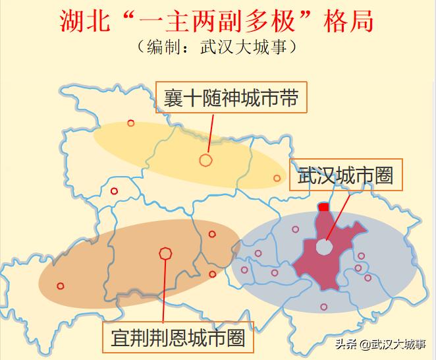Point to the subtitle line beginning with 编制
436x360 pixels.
tap(218, 47)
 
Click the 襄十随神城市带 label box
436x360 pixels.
tap(231, 98)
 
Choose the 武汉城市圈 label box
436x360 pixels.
tap(346, 175)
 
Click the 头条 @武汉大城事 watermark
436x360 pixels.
tap(381, 345)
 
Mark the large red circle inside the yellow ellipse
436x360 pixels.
tap(205, 160)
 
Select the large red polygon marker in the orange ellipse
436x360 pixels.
tap(165, 253)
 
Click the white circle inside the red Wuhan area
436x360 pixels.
tap(323, 246)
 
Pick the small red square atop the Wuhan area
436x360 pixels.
tap(323, 207)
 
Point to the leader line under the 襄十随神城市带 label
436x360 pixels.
tap(210, 132)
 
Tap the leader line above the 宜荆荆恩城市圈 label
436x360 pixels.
tap(165, 290)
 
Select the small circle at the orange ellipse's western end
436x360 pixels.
tap(61, 285)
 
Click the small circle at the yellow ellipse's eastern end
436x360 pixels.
tap(277, 177)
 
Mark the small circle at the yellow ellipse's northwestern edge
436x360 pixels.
tap(130, 123)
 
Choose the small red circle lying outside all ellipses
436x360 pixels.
tap(114, 191)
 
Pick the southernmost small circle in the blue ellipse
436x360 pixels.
tap(323, 307)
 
